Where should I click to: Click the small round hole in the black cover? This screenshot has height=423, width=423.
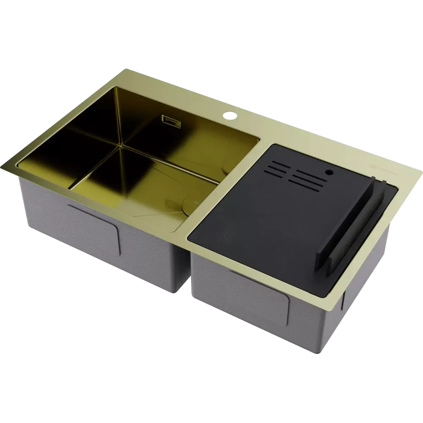coord(328,173)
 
